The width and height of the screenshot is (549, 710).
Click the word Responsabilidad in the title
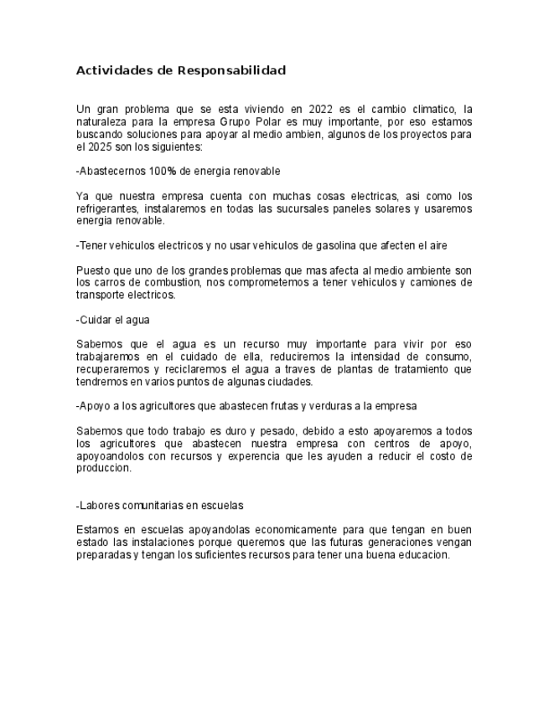[231, 70]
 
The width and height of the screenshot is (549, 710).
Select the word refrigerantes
[110, 208]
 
